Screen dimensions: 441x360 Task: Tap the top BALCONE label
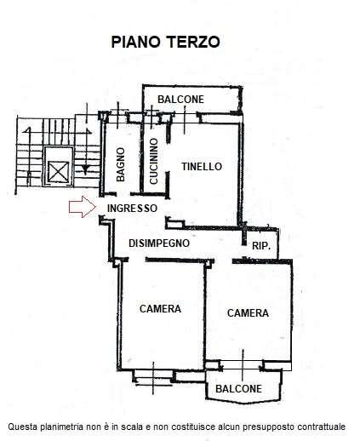tap(180, 100)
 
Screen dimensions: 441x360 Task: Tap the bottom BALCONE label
tap(238, 388)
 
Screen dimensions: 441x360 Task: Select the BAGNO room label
tap(122, 164)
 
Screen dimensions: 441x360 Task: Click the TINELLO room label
tap(202, 167)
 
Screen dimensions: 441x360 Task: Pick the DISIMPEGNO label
tap(158, 243)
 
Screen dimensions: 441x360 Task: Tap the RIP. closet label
tap(260, 245)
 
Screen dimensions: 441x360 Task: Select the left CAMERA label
tap(160, 308)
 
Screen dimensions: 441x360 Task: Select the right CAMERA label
tap(248, 313)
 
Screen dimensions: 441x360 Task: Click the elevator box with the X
tap(60, 171)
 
